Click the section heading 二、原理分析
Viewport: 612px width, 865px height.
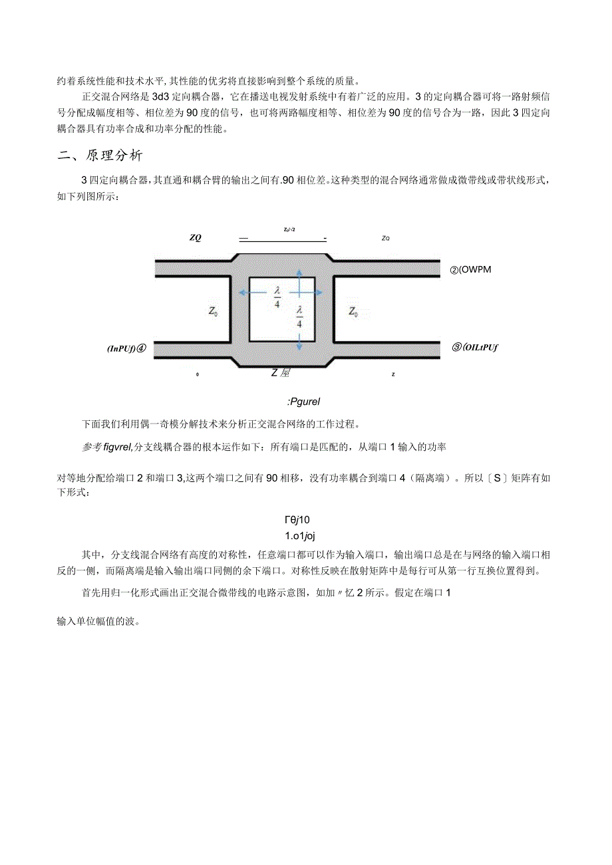point(100,156)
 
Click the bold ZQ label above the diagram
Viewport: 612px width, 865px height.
point(195,238)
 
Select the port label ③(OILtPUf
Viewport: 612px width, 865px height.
point(476,346)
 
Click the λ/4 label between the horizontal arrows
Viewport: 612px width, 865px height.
point(277,296)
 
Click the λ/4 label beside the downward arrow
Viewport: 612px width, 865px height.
point(299,316)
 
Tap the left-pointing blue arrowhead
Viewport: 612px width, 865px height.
point(243,293)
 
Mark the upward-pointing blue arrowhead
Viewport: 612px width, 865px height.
point(299,273)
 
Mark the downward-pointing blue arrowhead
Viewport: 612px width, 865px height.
point(299,347)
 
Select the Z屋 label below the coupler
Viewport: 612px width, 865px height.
point(280,373)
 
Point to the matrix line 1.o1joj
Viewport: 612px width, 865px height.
point(304,536)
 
